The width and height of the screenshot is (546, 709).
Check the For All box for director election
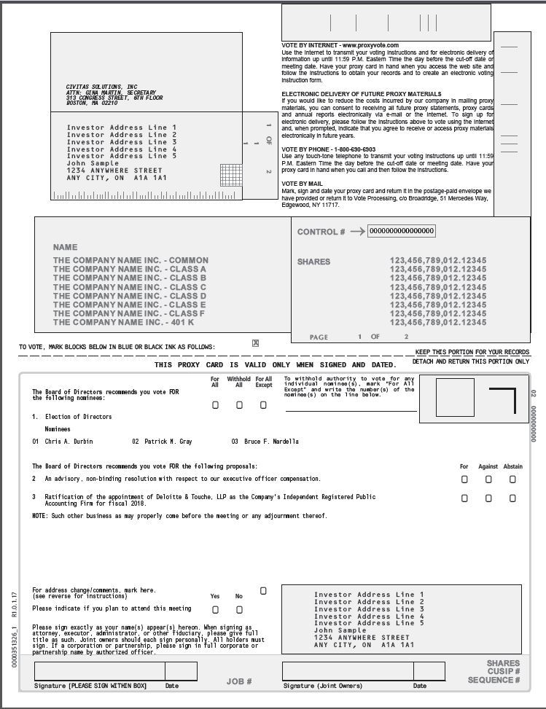tap(215, 405)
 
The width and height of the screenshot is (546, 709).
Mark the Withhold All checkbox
tap(239, 405)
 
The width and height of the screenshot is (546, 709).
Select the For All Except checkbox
tap(263, 405)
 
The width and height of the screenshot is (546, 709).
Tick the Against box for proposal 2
tap(488, 479)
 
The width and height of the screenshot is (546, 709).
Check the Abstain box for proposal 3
tap(512, 498)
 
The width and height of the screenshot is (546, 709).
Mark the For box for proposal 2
tap(464, 479)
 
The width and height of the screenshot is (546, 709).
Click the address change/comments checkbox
tap(263, 590)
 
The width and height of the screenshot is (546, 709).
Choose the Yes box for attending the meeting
tap(215, 609)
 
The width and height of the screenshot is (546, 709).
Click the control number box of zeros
tap(401, 231)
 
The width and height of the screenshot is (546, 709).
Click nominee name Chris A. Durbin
tap(69, 442)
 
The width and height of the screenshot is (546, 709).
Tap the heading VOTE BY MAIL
tap(302, 183)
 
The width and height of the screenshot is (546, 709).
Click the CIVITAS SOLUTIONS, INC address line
tap(101, 87)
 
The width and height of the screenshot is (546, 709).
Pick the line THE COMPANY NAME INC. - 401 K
tap(123, 322)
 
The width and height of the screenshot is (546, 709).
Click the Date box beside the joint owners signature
tap(429, 671)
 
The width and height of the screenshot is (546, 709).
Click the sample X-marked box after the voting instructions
tap(255, 342)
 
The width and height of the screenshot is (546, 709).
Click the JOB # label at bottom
tap(239, 681)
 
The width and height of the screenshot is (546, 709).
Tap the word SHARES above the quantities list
tap(313, 262)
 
